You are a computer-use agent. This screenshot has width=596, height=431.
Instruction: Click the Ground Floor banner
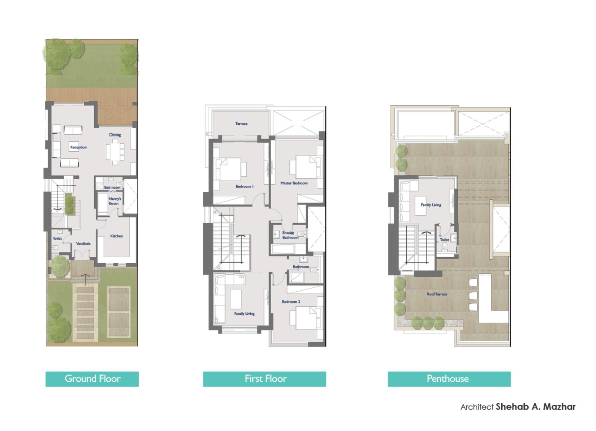(x=92, y=379)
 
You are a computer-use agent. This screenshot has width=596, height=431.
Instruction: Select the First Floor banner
(x=264, y=379)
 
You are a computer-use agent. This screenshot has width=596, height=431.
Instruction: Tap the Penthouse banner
(x=449, y=379)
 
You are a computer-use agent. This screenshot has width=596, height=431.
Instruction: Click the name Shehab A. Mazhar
(x=535, y=407)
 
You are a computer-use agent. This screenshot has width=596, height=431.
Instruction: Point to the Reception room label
(x=78, y=147)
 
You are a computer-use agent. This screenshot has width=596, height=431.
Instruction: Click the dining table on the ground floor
(x=115, y=151)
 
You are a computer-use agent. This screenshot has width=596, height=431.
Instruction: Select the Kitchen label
(x=116, y=236)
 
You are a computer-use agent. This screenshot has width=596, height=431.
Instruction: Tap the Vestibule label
(x=83, y=244)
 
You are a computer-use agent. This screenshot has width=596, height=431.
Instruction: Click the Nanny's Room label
(x=115, y=201)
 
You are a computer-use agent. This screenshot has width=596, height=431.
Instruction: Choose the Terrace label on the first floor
(x=241, y=124)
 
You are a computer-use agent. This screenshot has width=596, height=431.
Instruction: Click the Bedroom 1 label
(x=245, y=186)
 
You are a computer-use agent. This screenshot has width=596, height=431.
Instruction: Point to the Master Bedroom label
(x=294, y=183)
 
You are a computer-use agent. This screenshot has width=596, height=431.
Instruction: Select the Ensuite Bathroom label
(x=290, y=235)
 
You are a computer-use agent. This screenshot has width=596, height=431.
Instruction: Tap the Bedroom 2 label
(x=291, y=302)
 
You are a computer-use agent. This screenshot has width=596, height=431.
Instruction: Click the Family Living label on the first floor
(x=244, y=314)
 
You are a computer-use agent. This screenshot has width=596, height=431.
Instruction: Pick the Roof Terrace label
(x=437, y=294)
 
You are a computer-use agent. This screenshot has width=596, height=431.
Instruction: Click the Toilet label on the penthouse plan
(x=444, y=240)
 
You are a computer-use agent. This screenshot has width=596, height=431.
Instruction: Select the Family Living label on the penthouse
(x=431, y=205)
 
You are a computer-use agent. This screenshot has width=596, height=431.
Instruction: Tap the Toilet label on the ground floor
(x=57, y=239)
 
